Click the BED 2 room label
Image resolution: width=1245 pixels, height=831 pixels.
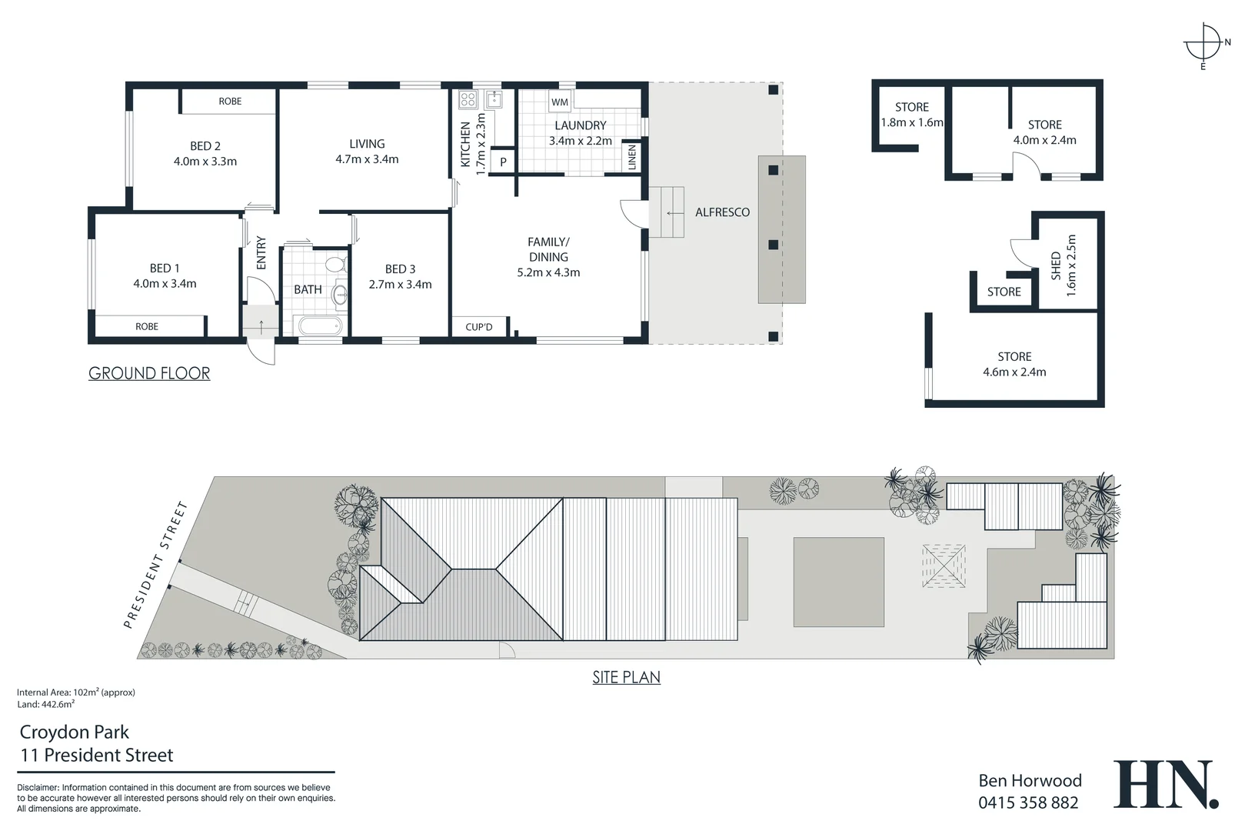point(205,146)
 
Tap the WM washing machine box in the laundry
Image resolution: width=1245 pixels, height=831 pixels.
point(559,102)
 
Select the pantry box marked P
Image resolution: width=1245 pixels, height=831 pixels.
point(503,162)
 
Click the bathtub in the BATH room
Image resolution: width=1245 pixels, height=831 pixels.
point(319,326)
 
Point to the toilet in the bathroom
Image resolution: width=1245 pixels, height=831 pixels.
point(335,265)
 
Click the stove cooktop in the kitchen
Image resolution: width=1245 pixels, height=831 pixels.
point(468,99)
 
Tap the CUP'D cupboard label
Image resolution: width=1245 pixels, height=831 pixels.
point(479,327)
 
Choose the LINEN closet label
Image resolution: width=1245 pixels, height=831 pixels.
point(632,158)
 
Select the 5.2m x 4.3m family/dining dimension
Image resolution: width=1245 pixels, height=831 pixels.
point(548,272)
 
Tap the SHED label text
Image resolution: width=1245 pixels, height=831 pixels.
point(1056,265)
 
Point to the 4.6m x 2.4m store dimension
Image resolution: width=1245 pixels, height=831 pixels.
point(1014,372)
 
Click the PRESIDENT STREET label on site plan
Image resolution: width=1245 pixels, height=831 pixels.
point(155,564)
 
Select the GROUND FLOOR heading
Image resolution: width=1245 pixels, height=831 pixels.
point(149,374)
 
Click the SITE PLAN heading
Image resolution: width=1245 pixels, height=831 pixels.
point(626,678)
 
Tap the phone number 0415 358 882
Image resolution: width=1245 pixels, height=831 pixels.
point(1028,803)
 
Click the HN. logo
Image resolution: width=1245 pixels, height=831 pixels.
point(1166,786)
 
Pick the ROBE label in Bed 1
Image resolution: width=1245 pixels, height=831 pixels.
point(147,327)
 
